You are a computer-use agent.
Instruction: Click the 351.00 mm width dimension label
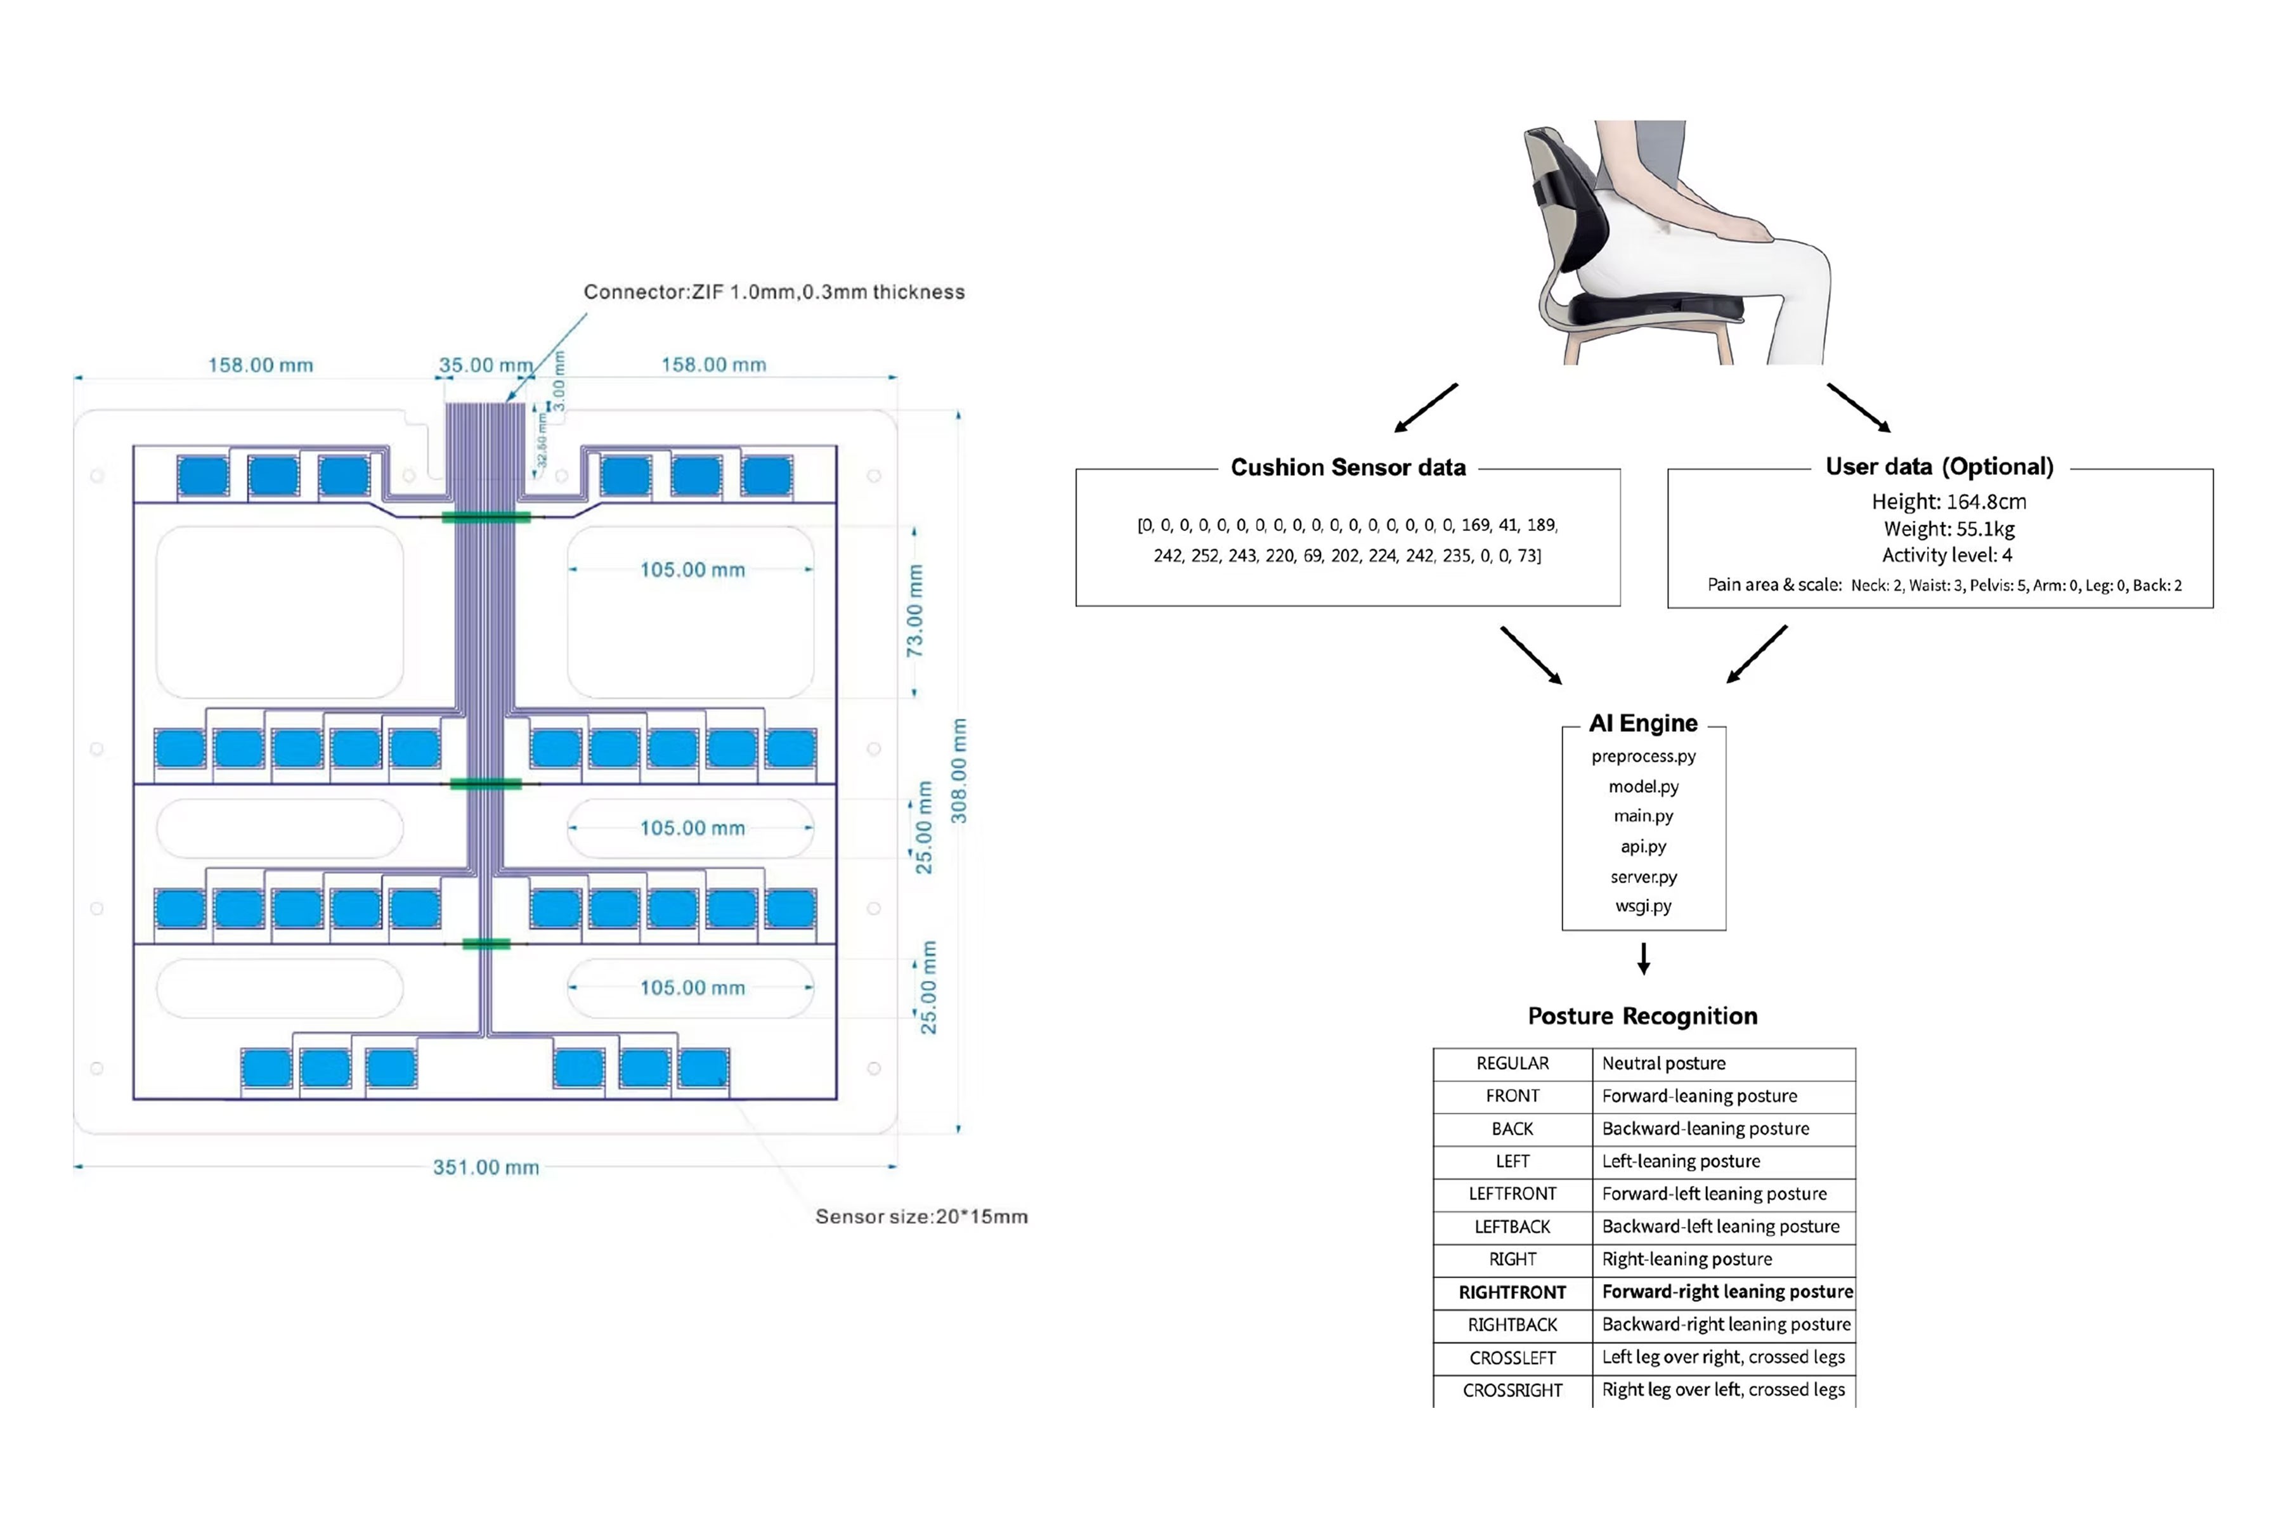(485, 1167)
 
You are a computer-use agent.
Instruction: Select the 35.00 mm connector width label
(485, 365)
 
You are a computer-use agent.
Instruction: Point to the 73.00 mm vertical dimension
(914, 611)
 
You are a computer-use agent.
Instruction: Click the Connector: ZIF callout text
(774, 292)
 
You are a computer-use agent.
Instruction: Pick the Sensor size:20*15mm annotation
(921, 1216)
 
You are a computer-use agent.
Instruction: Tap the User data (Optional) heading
(1939, 467)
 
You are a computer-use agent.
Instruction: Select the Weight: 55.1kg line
(1948, 529)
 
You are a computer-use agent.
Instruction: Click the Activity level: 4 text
(1946, 556)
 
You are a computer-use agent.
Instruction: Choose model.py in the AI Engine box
(1642, 786)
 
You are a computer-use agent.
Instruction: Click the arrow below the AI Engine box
(1643, 958)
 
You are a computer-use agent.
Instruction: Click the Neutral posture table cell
(1663, 1064)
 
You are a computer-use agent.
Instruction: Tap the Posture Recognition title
(1642, 1017)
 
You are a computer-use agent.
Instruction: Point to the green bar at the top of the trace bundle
(485, 517)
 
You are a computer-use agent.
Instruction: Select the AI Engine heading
(1642, 723)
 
